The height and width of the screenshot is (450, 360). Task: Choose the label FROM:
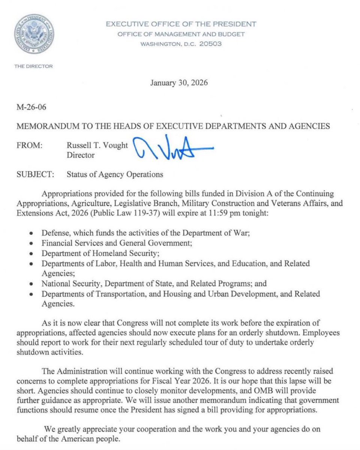click(29, 145)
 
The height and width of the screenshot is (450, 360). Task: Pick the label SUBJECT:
click(34, 174)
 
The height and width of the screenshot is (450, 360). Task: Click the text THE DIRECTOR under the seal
click(33, 66)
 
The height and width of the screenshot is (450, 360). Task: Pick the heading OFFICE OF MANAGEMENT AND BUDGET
click(181, 34)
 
